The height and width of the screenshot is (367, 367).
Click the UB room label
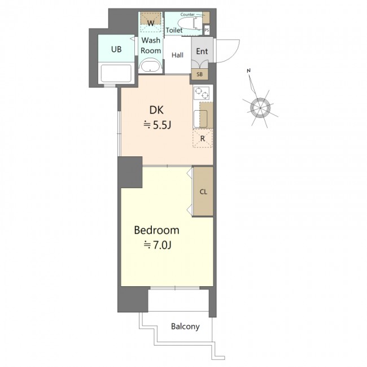pos(116,49)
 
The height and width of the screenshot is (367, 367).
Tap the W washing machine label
pos(151,23)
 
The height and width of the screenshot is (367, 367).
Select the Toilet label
pos(174,30)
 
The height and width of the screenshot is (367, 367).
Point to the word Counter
pos(187,15)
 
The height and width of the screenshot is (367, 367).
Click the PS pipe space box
pos(207,30)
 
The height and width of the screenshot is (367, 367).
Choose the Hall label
pos(177,55)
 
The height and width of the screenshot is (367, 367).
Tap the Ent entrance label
pos(202,51)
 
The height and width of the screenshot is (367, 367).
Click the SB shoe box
pos(200,75)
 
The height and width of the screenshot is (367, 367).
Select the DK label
pos(156,110)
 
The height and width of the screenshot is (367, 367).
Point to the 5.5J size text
pos(158,125)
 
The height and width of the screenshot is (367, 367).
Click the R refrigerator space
pos(203,138)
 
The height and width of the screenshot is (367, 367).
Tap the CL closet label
pos(203,192)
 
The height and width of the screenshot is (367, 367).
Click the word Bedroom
pos(156,230)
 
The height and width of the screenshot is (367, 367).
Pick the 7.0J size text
pos(158,245)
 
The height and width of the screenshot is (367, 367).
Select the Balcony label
pos(185,326)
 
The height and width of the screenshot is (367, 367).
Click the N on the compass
pos(248,71)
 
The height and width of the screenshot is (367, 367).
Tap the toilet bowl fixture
pos(190,23)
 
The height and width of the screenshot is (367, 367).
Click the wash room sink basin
pos(150,67)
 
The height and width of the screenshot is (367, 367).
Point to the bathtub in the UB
pos(116,73)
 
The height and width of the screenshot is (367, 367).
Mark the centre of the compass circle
pos(260,108)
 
